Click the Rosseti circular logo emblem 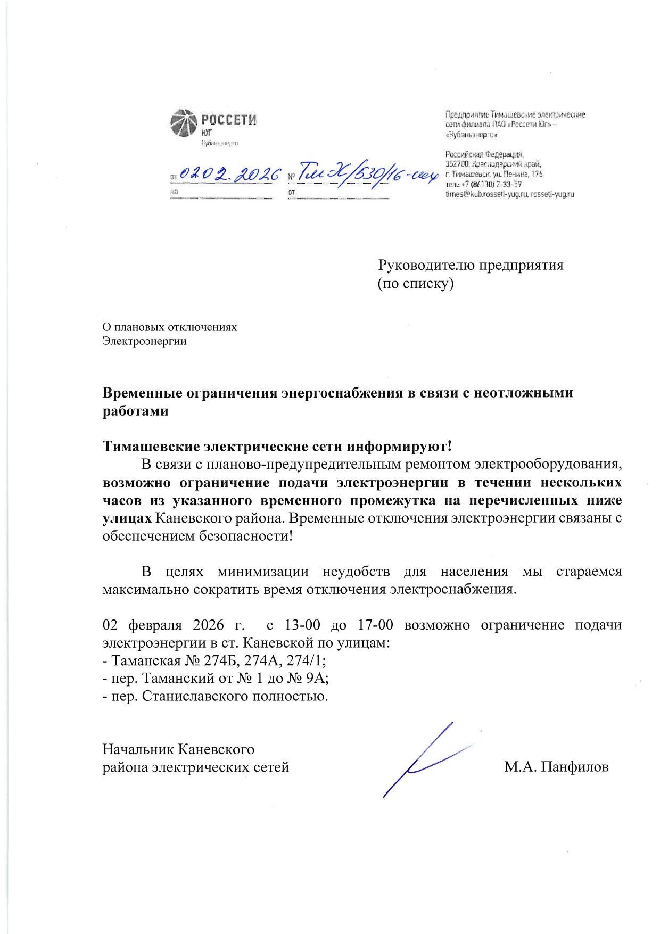(184, 123)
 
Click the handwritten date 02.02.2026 (230, 173)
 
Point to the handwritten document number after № (367, 173)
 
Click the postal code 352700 (457, 164)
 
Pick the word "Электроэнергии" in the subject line (144, 341)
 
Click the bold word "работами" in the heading (135, 411)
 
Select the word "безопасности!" (246, 536)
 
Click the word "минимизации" (263, 572)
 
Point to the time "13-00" (302, 625)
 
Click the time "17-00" (375, 625)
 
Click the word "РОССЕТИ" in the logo (229, 119)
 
